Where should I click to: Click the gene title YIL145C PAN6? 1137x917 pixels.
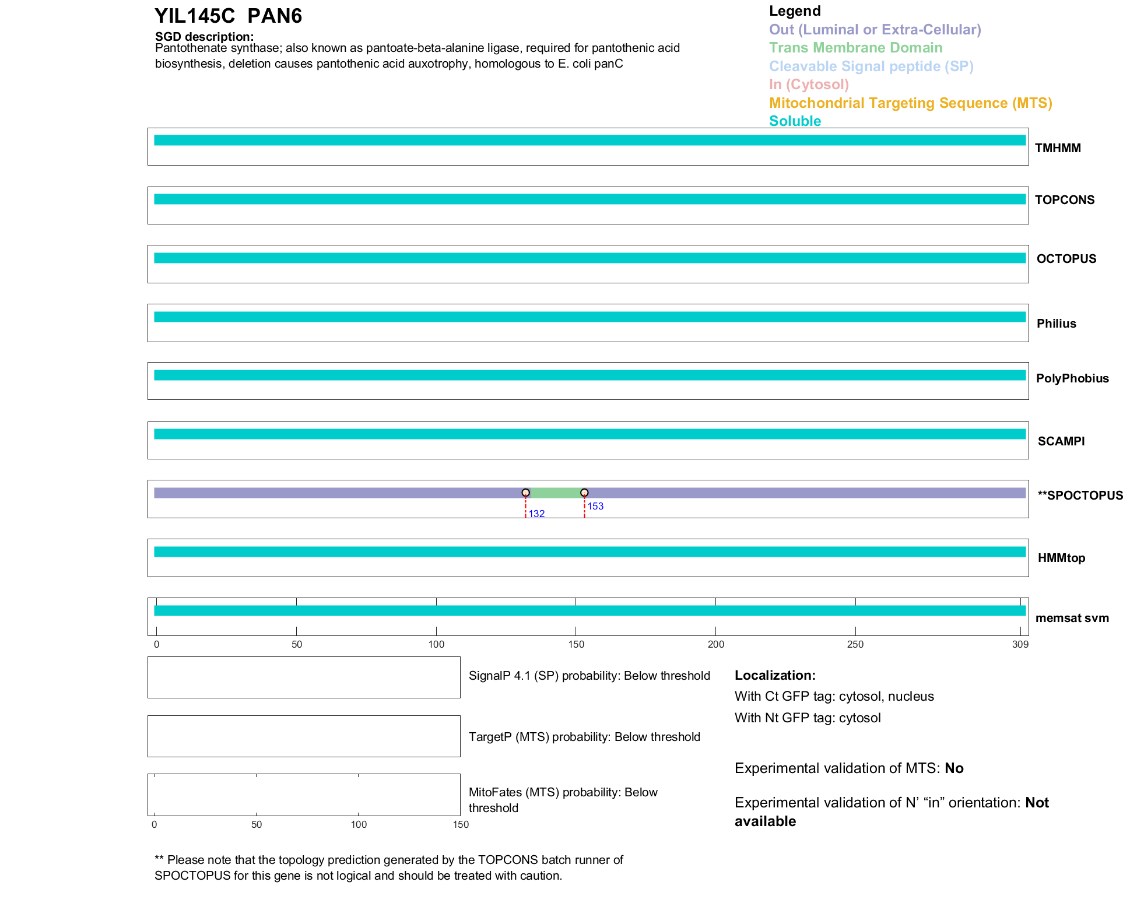tap(228, 16)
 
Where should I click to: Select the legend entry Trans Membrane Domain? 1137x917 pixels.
tap(855, 48)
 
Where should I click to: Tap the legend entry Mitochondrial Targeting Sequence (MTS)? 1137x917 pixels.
tap(910, 103)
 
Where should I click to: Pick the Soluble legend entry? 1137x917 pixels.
tap(795, 121)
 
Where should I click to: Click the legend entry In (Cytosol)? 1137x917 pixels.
tap(809, 85)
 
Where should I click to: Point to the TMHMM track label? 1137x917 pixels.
tap(1057, 148)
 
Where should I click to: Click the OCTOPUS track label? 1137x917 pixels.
tap(1066, 259)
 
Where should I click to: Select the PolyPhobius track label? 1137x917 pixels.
tap(1072, 378)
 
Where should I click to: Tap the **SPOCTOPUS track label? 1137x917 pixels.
tap(1080, 496)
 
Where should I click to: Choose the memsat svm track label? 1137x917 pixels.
tap(1072, 618)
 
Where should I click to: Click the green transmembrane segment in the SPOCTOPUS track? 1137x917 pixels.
tap(555, 493)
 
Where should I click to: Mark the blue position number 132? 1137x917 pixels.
tap(536, 514)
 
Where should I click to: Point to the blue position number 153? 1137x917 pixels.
tap(595, 506)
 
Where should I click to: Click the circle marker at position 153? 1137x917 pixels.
tap(584, 493)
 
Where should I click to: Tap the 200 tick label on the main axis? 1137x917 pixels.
tap(715, 644)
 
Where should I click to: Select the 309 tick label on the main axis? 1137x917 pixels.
tap(1020, 644)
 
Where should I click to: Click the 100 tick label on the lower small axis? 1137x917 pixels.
tap(359, 824)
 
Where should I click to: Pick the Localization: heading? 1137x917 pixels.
tap(774, 675)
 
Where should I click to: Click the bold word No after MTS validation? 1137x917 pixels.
tap(954, 768)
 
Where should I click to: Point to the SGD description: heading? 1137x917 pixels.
tap(204, 37)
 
